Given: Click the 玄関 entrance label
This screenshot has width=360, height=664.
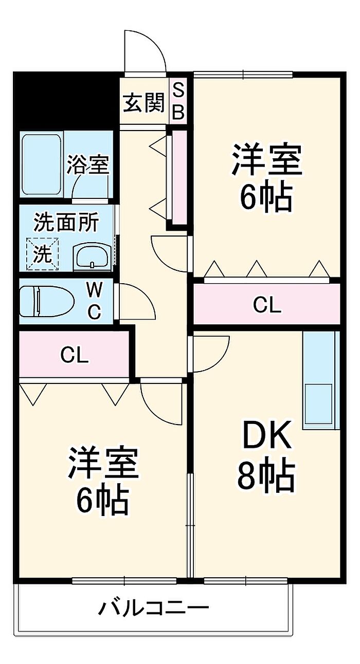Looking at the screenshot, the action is pyautogui.click(x=144, y=103).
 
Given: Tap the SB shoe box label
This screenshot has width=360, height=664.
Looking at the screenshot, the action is pyautogui.click(x=178, y=101).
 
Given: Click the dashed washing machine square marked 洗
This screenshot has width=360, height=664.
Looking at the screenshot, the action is pyautogui.click(x=42, y=254).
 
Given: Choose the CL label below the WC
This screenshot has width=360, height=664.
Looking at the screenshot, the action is pyautogui.click(x=75, y=355).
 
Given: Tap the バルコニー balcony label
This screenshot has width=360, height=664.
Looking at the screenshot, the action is pyautogui.click(x=154, y=606).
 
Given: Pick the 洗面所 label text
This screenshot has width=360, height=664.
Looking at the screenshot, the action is pyautogui.click(x=66, y=223).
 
